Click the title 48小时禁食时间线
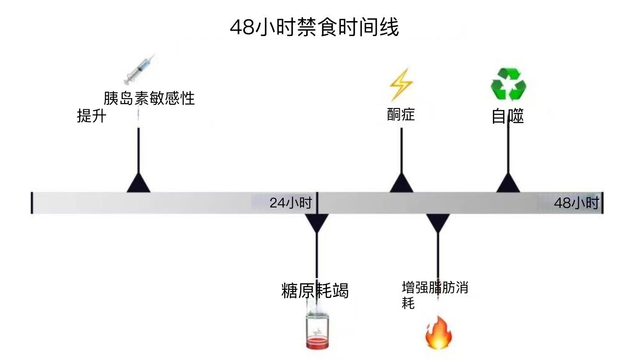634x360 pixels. pos(314,28)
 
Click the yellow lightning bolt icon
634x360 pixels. pos(400,85)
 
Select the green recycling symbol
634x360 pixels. pos(508,84)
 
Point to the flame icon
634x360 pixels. pos(438,333)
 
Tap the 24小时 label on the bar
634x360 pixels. pos(290,203)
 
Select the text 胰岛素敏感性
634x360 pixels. pos(149,98)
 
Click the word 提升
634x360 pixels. pos(91,117)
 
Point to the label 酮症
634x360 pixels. pos(401,115)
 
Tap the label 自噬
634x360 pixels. pos(507,117)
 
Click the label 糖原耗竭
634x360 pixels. pos(315,291)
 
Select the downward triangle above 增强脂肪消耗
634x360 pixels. pos(438,222)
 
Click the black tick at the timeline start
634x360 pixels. pos(32,203)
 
